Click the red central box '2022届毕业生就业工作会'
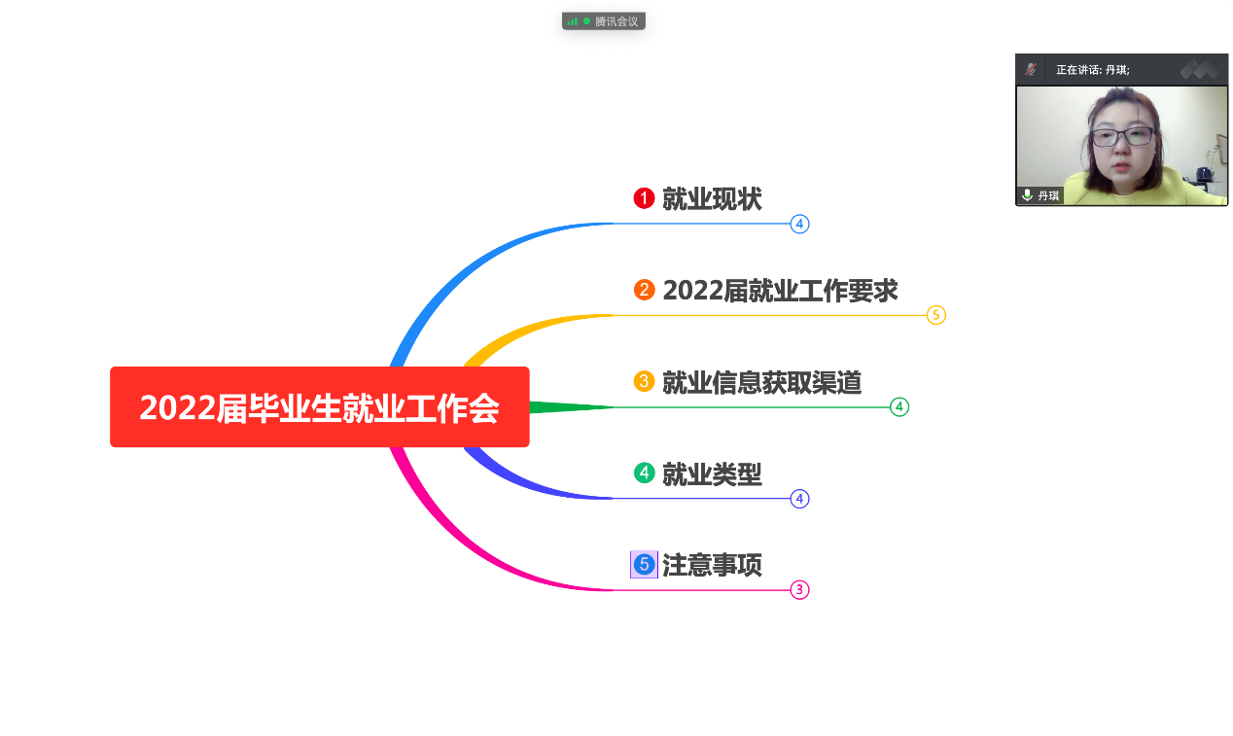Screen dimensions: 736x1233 pyautogui.click(x=319, y=407)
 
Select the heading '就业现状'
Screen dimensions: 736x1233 pyautogui.click(x=712, y=199)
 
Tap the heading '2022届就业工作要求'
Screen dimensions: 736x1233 pyautogui.click(x=780, y=291)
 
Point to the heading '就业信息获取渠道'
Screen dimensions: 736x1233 pyautogui.click(x=761, y=383)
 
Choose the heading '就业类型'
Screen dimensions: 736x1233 pyautogui.click(x=712, y=474)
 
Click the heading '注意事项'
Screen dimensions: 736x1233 pyautogui.click(x=712, y=565)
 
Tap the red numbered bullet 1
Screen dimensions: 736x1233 pyautogui.click(x=644, y=198)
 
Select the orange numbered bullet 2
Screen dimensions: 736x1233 pyautogui.click(x=644, y=290)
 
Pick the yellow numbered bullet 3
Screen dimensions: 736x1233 pyautogui.click(x=644, y=381)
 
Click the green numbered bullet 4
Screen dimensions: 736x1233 pyautogui.click(x=644, y=473)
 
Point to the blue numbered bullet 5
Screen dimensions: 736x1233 pyautogui.click(x=644, y=564)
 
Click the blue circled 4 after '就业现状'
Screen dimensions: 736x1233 pyautogui.click(x=799, y=225)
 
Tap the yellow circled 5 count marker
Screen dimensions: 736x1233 pyautogui.click(x=935, y=315)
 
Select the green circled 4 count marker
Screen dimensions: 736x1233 pyautogui.click(x=899, y=407)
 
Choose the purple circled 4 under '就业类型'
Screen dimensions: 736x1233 pyautogui.click(x=799, y=499)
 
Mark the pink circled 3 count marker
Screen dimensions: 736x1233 pyautogui.click(x=799, y=590)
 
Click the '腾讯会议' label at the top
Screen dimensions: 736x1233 pyautogui.click(x=616, y=20)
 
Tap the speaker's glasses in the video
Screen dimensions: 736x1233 pyautogui.click(x=1121, y=136)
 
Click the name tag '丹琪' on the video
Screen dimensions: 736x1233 pyautogui.click(x=1047, y=196)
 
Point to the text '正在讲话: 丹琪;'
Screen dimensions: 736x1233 pyautogui.click(x=1093, y=70)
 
